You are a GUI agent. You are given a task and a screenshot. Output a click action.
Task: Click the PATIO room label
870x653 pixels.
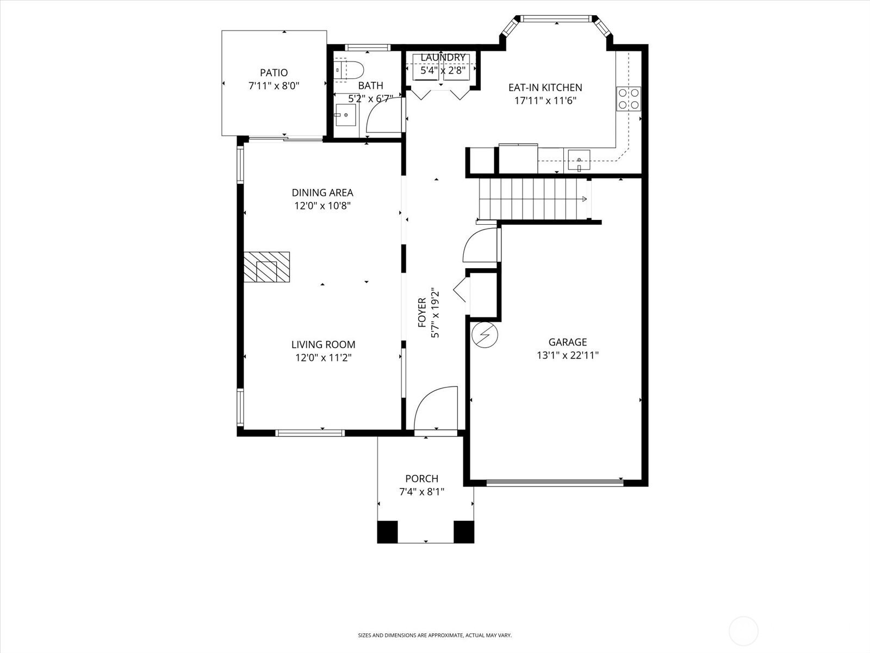click(274, 72)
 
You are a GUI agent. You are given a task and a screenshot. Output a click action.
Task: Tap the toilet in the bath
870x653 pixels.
click(349, 71)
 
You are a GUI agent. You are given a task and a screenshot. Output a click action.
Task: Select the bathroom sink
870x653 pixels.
click(344, 115)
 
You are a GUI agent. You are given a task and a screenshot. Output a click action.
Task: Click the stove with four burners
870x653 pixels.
click(628, 98)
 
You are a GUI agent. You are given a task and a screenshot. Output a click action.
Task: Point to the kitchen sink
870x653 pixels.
click(579, 159)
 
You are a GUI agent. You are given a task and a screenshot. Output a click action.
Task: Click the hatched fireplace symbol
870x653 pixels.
click(266, 267)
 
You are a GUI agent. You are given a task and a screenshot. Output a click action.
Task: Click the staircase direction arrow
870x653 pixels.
click(584, 199)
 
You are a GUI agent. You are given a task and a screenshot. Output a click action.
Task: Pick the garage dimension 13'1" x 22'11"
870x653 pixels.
click(568, 355)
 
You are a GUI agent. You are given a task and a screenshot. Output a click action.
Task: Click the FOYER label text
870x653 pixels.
click(422, 312)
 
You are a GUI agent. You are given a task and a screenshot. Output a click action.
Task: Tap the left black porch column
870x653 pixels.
click(388, 532)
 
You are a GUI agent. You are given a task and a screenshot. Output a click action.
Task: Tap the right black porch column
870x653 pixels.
click(464, 532)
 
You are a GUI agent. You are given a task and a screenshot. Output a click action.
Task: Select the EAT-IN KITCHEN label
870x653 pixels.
click(545, 87)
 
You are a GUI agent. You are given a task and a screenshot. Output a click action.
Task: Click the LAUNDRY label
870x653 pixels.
click(443, 58)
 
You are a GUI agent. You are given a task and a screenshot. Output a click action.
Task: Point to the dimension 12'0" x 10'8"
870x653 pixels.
click(322, 206)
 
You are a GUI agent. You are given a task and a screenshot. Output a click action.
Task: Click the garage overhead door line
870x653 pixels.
click(555, 482)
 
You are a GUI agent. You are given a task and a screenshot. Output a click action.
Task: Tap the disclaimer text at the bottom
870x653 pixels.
click(434, 635)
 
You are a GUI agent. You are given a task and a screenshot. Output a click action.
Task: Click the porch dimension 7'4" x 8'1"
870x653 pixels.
click(421, 492)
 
